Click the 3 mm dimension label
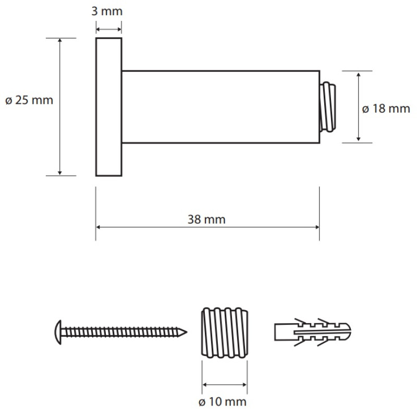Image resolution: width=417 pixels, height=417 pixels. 107,11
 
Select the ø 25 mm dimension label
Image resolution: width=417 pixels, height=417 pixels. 29,101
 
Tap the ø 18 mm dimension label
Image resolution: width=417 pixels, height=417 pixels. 386,109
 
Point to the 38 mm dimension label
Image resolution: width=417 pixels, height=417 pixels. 206,219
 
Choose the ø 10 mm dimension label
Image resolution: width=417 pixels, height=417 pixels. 223,402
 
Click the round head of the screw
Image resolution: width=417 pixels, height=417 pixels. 58,333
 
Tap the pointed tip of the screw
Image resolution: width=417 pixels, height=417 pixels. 186,333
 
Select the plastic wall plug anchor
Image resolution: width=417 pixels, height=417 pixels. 313,332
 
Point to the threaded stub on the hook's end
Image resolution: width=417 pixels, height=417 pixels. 328,107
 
